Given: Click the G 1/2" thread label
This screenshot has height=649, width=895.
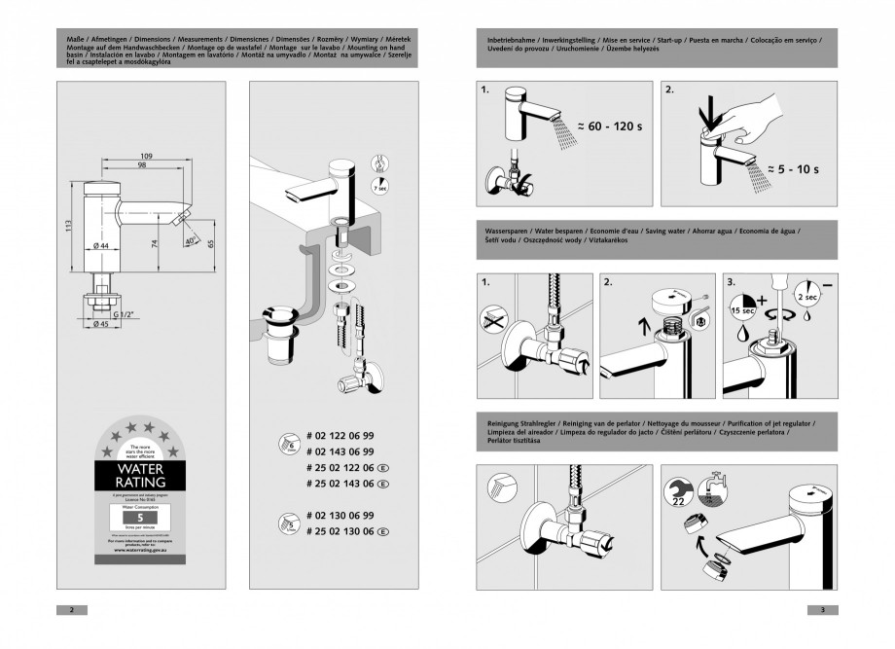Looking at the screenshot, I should (124, 314).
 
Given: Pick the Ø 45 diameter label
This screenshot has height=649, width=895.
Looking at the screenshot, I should (102, 325).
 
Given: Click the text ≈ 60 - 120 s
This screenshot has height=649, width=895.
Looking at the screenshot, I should (612, 126).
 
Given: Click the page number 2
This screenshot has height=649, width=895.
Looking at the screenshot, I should (71, 609).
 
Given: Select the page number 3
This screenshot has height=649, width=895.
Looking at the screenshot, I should (822, 609).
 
